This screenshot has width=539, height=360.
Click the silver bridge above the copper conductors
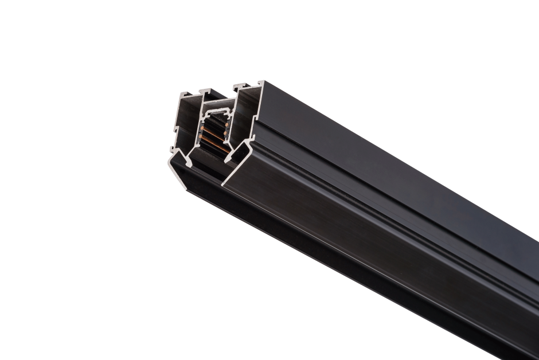click(x=217, y=111)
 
